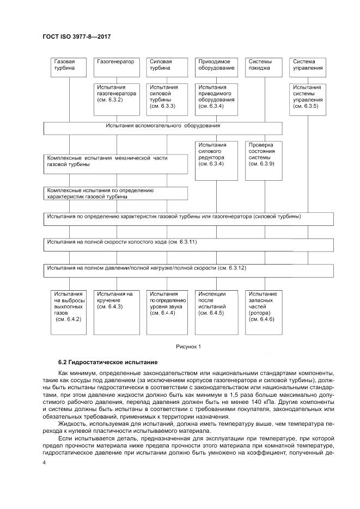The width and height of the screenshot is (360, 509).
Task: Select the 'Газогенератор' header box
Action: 115,65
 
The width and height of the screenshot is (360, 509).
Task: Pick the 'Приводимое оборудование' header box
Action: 216,65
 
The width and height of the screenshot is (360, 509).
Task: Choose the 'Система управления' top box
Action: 308,65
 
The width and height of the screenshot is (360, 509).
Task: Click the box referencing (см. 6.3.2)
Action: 116,98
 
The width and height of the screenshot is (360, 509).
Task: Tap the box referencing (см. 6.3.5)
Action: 308,98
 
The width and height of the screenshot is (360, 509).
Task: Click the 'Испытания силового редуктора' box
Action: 216,160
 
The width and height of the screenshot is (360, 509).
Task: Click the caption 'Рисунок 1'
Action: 188,346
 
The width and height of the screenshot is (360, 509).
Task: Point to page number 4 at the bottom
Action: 45,462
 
